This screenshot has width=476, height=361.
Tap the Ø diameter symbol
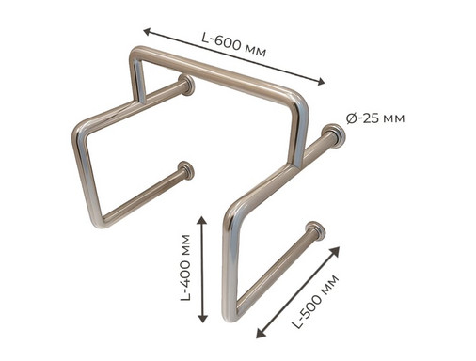[x=351, y=118]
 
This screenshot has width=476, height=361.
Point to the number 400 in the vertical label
[x=185, y=274]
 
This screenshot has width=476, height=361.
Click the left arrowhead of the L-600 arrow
[x=148, y=31]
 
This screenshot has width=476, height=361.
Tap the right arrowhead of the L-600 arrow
[x=321, y=82]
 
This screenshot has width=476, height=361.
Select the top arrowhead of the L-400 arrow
[x=203, y=220]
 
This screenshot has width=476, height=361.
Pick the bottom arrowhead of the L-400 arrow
[x=203, y=319]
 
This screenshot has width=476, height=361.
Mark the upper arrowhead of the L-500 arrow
[x=336, y=250]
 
